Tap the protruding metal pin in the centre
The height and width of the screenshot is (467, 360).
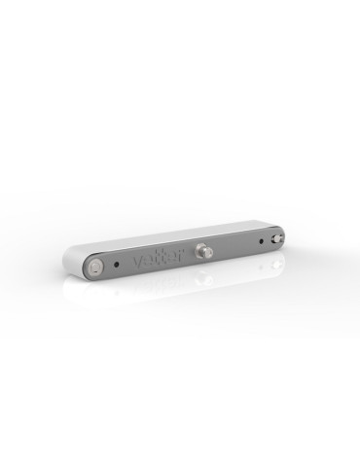pyautogui.click(x=204, y=249)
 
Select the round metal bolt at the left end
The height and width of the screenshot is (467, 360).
pyautogui.click(x=94, y=266)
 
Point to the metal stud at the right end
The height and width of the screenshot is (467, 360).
pyautogui.click(x=277, y=238)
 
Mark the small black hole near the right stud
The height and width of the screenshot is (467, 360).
pyautogui.click(x=260, y=241)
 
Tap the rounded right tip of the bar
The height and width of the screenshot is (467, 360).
pyautogui.click(x=284, y=236)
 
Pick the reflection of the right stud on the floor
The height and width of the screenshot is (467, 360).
pyautogui.click(x=277, y=261)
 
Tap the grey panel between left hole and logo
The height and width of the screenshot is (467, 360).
pyautogui.click(x=126, y=264)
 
